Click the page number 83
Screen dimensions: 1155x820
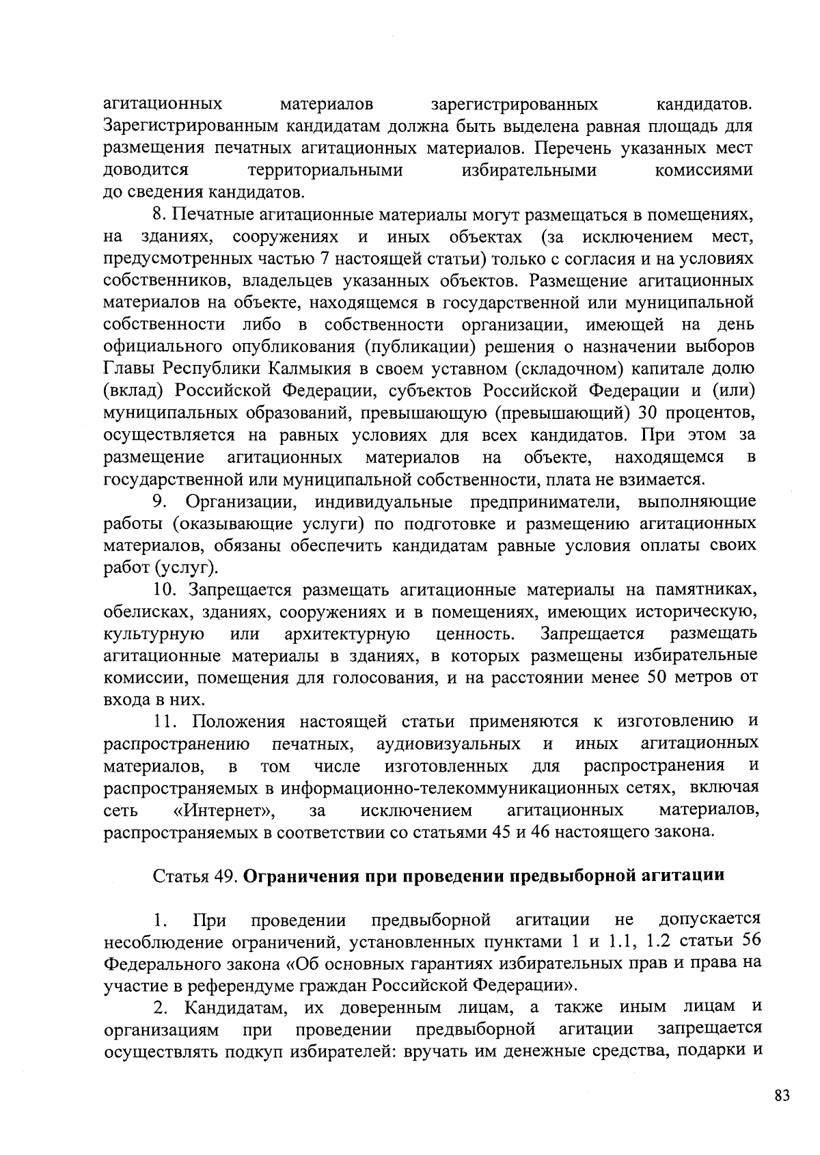pos(782,1096)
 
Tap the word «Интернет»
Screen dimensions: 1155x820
pos(223,811)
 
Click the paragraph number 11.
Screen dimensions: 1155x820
pos(165,722)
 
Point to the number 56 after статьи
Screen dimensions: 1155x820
pos(751,940)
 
